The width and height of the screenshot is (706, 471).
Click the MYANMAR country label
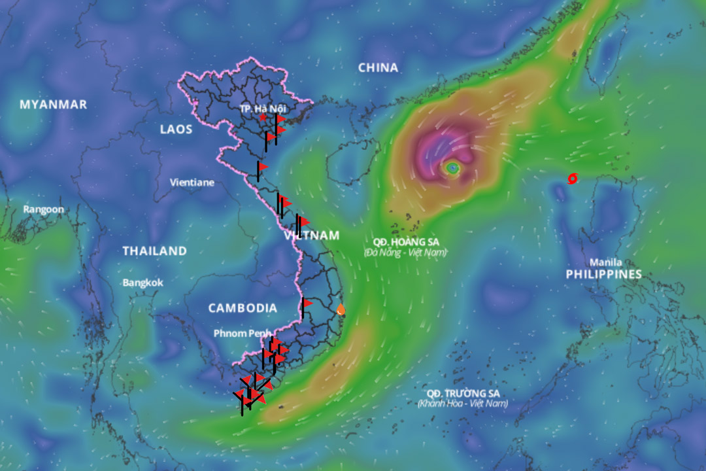click(x=53, y=105)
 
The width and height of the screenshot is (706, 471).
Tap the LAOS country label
click(x=176, y=130)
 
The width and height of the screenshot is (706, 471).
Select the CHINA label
click(x=378, y=67)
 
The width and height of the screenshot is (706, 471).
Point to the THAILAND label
click(x=154, y=251)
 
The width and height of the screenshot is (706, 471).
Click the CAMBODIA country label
click(x=243, y=307)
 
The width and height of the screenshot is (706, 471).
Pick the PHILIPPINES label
click(x=603, y=274)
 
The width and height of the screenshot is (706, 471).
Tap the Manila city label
click(x=606, y=262)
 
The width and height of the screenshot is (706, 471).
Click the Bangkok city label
click(x=143, y=283)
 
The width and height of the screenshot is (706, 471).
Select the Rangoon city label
click(x=44, y=209)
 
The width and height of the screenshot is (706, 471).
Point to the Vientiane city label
click(x=192, y=183)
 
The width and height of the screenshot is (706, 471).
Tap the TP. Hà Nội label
click(x=263, y=107)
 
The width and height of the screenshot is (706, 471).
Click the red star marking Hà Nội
click(x=263, y=117)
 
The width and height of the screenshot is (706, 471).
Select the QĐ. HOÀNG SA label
click(x=405, y=241)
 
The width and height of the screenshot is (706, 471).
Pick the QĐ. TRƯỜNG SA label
click(x=463, y=392)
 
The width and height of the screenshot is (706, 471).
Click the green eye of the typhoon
click(x=452, y=169)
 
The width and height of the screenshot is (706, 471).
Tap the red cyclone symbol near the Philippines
click(x=573, y=178)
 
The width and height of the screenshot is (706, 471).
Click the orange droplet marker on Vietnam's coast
click(x=341, y=309)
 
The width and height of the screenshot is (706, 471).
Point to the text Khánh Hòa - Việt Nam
click(x=463, y=404)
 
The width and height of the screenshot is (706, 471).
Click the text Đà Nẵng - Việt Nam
click(x=405, y=252)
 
